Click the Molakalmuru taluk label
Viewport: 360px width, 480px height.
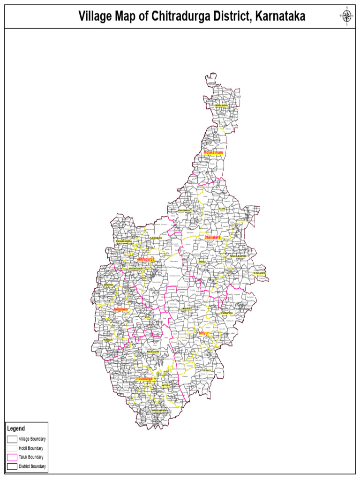(x=213, y=153)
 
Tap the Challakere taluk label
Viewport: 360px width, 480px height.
(x=212, y=238)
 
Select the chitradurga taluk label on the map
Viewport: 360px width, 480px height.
(x=146, y=259)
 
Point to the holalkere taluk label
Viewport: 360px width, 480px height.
(x=120, y=309)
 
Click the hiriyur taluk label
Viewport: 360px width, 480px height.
(x=203, y=333)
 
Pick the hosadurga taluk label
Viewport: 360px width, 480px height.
(x=145, y=378)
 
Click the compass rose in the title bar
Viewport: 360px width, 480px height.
(x=346, y=16)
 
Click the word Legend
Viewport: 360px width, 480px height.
(x=16, y=428)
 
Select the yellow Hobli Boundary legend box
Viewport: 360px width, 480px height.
(x=12, y=448)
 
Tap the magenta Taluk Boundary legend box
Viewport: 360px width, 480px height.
(x=12, y=457)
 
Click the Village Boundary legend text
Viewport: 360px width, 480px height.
(x=32, y=439)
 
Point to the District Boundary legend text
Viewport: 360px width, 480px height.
(x=32, y=466)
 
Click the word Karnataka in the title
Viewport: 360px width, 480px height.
(x=280, y=17)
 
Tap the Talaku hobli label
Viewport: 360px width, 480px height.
(x=222, y=209)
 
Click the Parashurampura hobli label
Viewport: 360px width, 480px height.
(x=238, y=256)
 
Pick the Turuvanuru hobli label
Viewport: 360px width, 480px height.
(x=157, y=238)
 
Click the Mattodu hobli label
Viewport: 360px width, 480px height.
(x=165, y=386)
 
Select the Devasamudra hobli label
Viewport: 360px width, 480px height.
(x=221, y=105)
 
